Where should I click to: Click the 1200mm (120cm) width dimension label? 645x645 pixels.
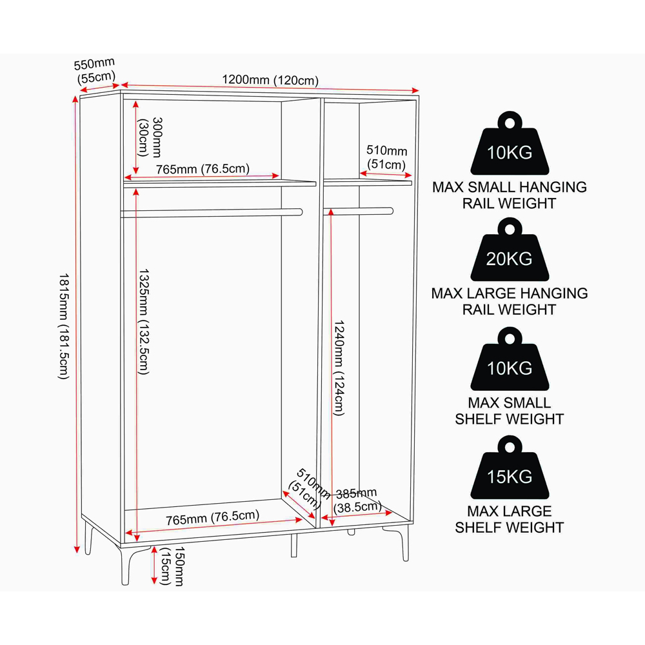[x=270, y=80]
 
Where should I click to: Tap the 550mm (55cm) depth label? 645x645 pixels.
[x=95, y=71]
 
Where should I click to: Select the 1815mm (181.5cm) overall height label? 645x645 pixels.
[x=64, y=326]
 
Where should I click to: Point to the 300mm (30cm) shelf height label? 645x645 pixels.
[x=150, y=137]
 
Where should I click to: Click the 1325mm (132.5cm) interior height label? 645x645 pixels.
[x=144, y=322]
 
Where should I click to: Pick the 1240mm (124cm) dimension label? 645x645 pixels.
[x=339, y=368]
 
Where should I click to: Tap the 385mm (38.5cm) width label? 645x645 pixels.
[x=357, y=501]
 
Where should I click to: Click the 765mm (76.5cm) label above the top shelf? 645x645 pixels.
[x=203, y=169]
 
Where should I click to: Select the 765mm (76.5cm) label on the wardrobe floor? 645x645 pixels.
[x=213, y=517]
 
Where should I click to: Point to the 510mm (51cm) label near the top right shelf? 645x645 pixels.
[x=386, y=157]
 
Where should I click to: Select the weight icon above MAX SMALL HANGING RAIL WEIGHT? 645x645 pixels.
[x=510, y=143]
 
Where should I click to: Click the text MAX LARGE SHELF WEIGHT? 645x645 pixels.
[x=510, y=519]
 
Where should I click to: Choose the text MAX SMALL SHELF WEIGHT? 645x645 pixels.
[x=510, y=410]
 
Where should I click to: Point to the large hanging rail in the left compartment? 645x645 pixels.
[x=212, y=213]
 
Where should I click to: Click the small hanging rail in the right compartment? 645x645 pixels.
[x=358, y=211]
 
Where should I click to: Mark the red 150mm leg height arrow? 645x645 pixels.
[x=154, y=565]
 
